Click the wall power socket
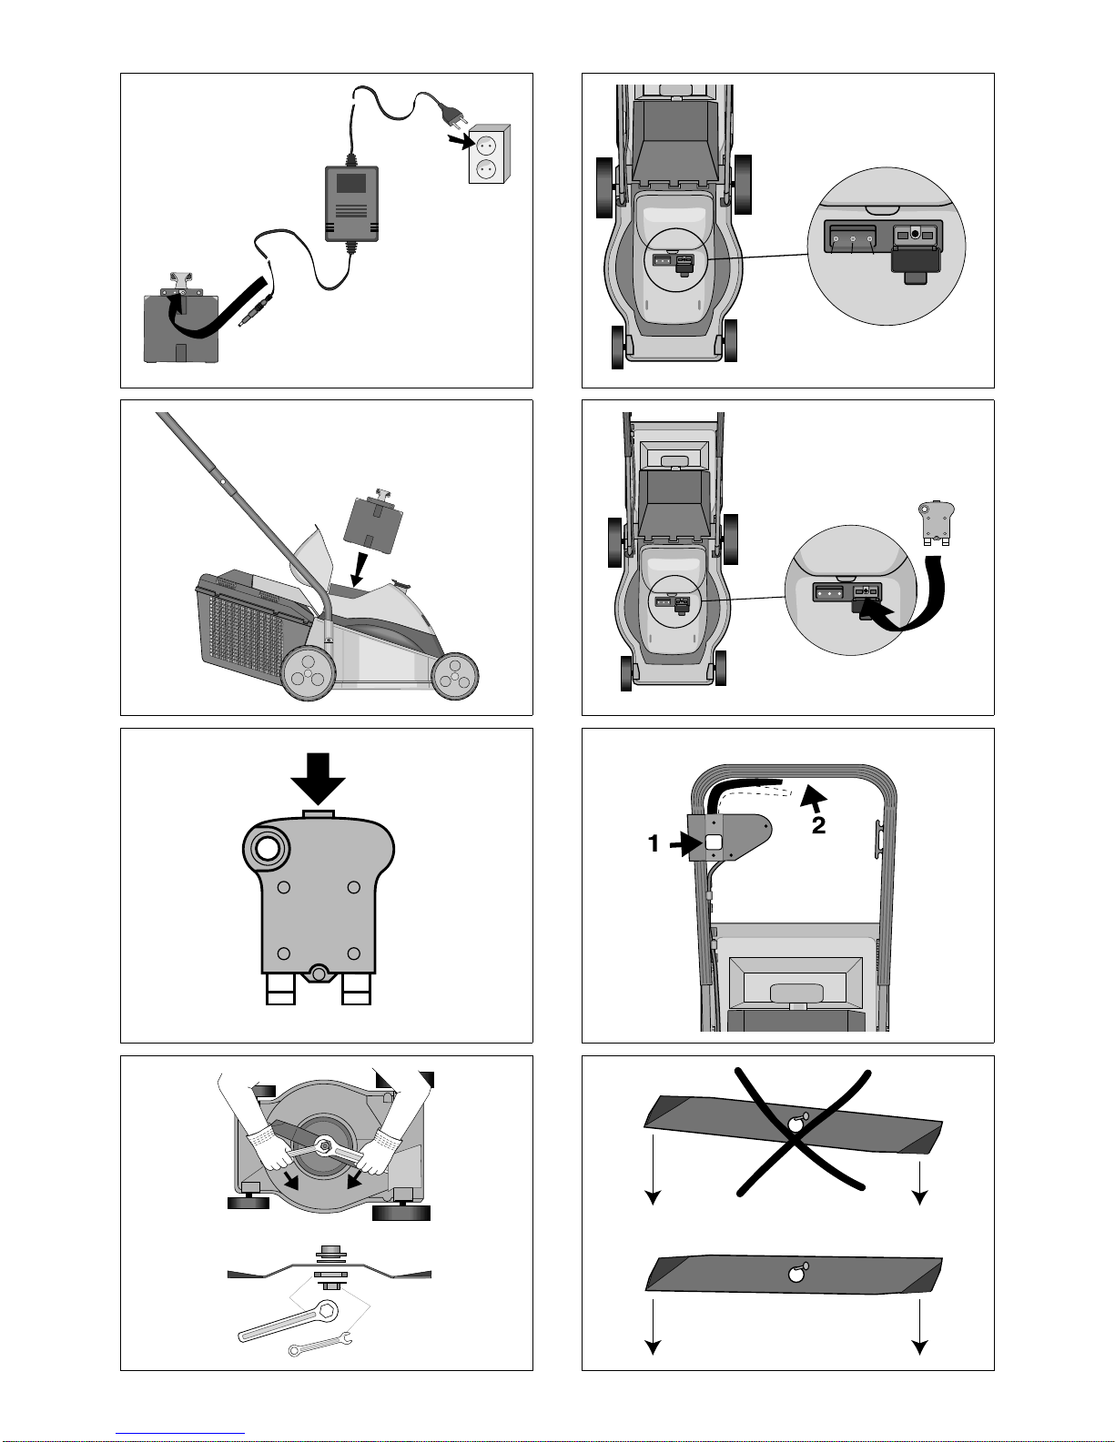(x=489, y=154)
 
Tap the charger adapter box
(x=351, y=203)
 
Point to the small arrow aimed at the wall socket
(x=460, y=141)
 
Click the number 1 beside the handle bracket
(x=654, y=843)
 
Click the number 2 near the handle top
(x=819, y=825)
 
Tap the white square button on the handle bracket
(x=714, y=842)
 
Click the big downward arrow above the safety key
(x=318, y=779)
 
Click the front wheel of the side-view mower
(x=455, y=676)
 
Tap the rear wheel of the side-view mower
(x=308, y=673)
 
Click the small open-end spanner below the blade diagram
(x=319, y=1343)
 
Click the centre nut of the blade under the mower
(x=325, y=1144)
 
